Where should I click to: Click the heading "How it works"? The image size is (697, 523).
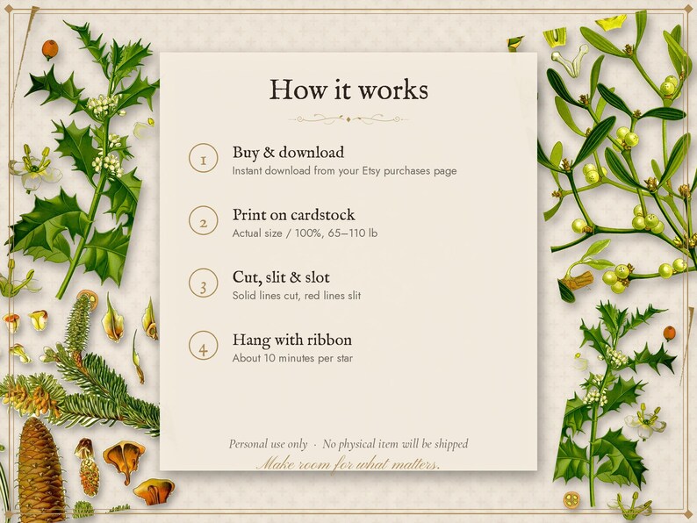coord(348,90)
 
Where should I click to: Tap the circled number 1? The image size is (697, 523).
coord(203,158)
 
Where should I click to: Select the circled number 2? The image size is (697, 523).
coord(203,221)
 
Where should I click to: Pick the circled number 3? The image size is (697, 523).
coord(203,283)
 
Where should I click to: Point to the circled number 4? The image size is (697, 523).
coord(203,346)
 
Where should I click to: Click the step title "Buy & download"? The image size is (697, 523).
coord(288,153)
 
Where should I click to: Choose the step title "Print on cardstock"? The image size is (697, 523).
coord(293,215)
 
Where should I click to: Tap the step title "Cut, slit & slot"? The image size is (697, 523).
coord(281,277)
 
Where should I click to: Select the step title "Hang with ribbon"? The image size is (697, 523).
coord(292,340)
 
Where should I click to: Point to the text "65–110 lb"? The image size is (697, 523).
coord(353,233)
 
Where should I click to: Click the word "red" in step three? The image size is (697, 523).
coord(312,296)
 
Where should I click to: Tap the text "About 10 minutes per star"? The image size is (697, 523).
coord(292,358)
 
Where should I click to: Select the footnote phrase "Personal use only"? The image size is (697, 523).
coord(268,444)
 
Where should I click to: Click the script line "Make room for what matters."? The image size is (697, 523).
coord(348,464)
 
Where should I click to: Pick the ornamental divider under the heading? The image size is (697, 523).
coord(348,119)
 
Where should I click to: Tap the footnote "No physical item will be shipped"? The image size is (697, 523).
coord(395,444)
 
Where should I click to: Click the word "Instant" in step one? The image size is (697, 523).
coord(247,170)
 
